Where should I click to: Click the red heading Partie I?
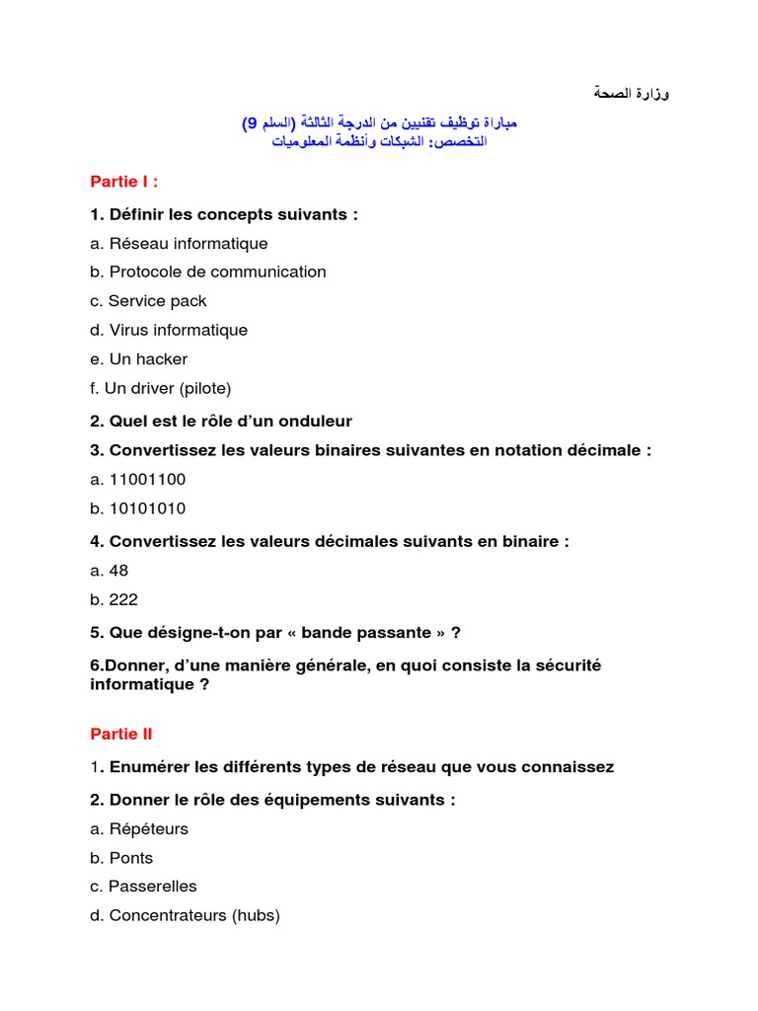[123, 181]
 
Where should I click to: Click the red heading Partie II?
[121, 734]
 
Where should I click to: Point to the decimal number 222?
[123, 599]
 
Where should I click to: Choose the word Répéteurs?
[149, 829]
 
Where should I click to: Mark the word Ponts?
[131, 858]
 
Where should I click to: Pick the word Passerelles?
[153, 887]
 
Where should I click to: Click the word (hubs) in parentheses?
[256, 915]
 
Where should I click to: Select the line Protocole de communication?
[217, 272]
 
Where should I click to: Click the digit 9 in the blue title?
[251, 123]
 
